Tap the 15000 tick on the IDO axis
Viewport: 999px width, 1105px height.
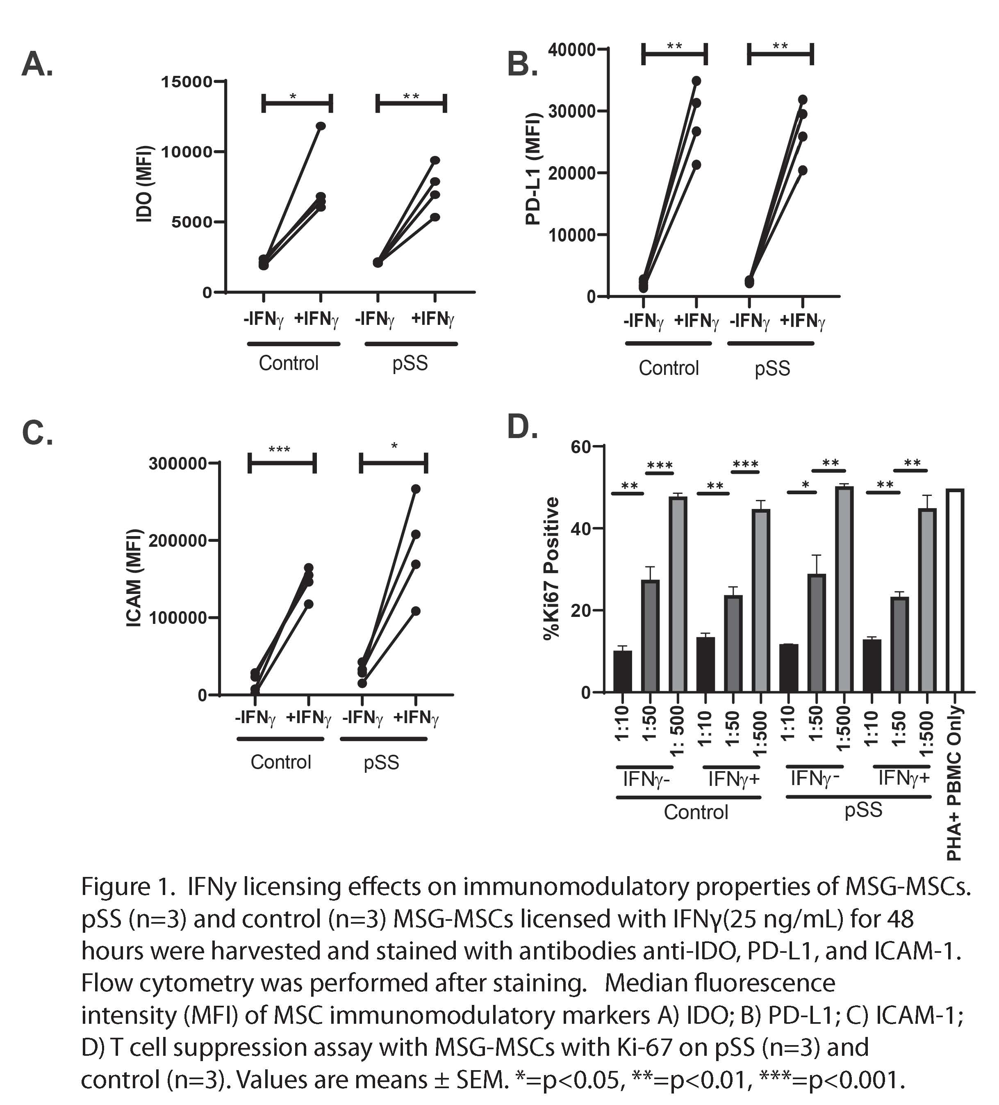pyautogui.click(x=186, y=82)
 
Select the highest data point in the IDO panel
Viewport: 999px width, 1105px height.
pyautogui.click(x=321, y=126)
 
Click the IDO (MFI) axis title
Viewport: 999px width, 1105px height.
pyautogui.click(x=143, y=184)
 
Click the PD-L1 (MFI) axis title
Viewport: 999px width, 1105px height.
pyautogui.click(x=533, y=168)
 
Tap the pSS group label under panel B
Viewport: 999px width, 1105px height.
pyautogui.click(x=772, y=368)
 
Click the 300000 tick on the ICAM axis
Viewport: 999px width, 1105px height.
pyautogui.click(x=177, y=464)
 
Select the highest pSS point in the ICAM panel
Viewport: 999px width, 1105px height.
pyautogui.click(x=416, y=489)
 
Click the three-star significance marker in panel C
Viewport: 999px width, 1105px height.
pyautogui.click(x=279, y=450)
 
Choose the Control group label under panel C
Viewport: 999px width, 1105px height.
pyautogui.click(x=280, y=762)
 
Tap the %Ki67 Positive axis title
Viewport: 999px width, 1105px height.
pyautogui.click(x=551, y=568)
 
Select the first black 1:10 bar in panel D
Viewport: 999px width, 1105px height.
pyautogui.click(x=622, y=671)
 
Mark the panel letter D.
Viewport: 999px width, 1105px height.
pyautogui.click(x=522, y=427)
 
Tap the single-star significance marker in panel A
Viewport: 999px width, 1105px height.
pyautogui.click(x=293, y=96)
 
